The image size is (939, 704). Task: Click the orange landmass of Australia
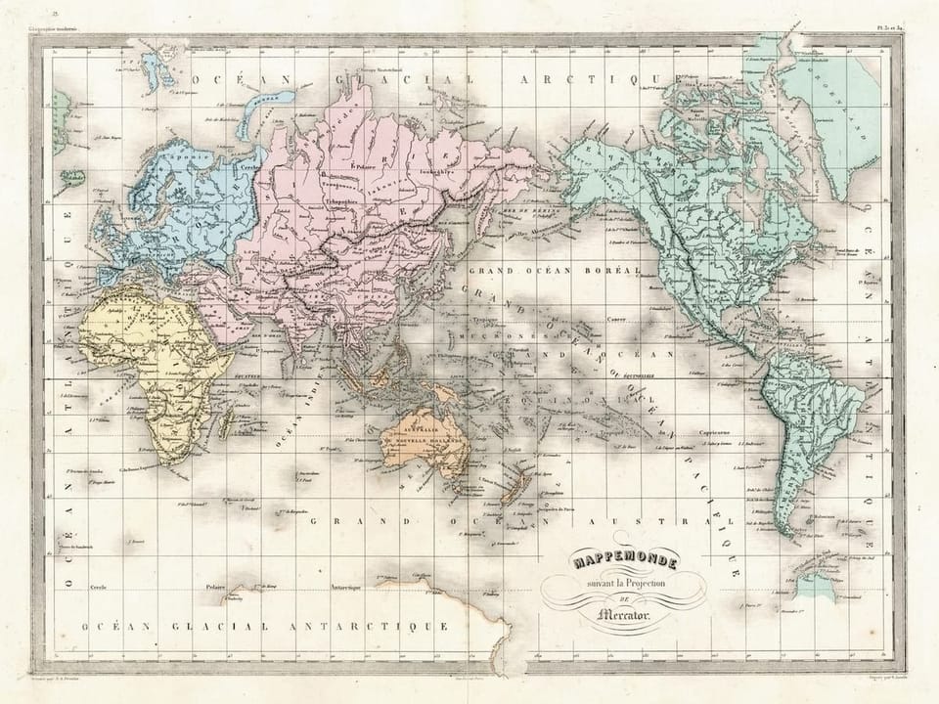click(x=425, y=445)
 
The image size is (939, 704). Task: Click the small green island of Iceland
click(x=72, y=178)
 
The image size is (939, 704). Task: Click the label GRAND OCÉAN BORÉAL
click(x=554, y=270)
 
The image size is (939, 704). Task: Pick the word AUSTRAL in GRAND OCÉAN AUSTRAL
click(x=690, y=521)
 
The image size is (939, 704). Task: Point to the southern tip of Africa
click(x=174, y=459)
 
